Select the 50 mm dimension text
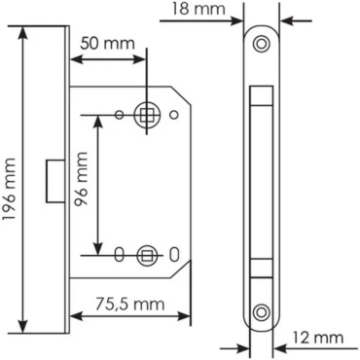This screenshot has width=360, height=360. coord(107,43)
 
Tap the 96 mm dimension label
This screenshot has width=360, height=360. coord(81,179)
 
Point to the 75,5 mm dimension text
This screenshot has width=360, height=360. coord(129,305)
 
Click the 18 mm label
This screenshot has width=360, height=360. coord(198,9)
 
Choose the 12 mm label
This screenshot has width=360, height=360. coord(318,338)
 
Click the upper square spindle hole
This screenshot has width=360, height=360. coord(147,115)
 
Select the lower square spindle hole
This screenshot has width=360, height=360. coord(147,255)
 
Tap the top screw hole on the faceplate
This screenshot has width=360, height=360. coord(261,43)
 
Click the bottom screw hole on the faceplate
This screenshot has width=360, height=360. coord(261,312)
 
